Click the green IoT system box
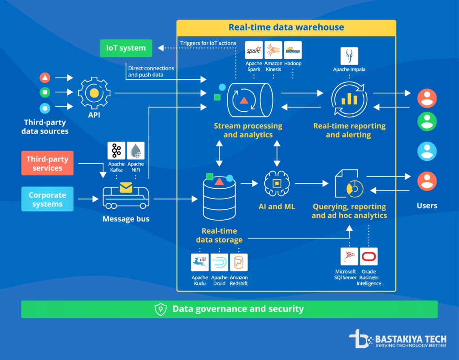coord(126,48)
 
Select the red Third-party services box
coord(47,163)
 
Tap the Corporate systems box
coord(47,199)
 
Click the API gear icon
coord(94,93)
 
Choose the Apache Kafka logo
coord(117,151)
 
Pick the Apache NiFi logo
coord(136,151)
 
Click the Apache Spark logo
coord(254,50)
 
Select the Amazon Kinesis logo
coord(273,50)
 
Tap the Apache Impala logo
coord(349,56)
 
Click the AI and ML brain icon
coord(277,183)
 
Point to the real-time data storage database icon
coord(220,197)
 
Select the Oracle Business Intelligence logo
coord(368,256)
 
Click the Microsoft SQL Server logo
coord(349,256)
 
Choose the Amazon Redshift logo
coord(239,263)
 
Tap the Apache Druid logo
coord(220,263)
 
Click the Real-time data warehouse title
coord(286,27)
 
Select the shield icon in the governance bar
coord(160,309)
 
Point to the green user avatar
coord(427,121)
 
